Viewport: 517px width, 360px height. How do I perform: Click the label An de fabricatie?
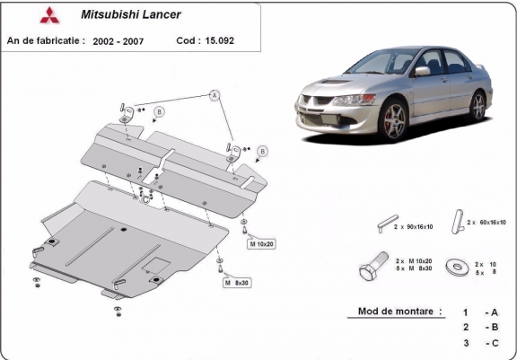coord(46,40)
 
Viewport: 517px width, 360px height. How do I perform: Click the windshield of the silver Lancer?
coord(387,64)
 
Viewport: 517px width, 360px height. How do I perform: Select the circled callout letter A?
coord(215,94)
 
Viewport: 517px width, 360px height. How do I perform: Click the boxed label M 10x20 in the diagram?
coord(262,244)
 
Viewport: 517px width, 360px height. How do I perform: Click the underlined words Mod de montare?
coord(393,312)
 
